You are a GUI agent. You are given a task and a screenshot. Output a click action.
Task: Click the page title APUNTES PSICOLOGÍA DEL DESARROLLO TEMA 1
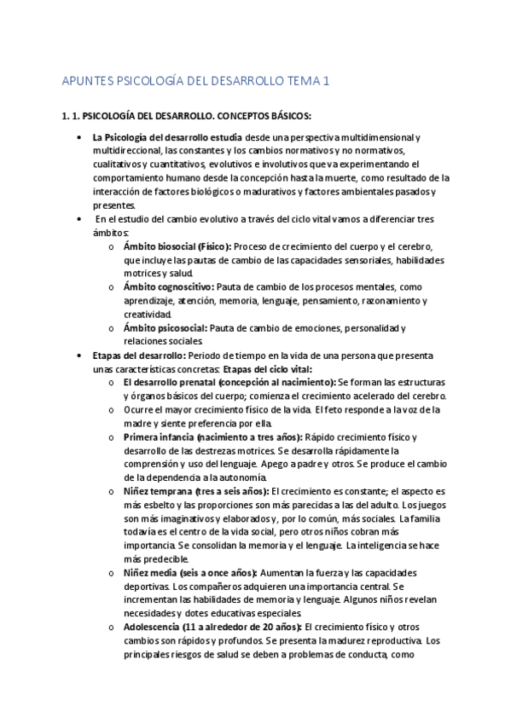(196, 82)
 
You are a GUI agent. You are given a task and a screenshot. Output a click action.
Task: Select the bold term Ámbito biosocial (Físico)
(177, 246)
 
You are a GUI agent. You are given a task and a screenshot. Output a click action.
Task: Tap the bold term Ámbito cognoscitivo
(168, 287)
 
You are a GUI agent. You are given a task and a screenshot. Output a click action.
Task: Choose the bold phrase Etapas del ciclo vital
(267, 368)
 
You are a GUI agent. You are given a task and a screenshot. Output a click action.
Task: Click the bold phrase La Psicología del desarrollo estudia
(167, 136)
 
